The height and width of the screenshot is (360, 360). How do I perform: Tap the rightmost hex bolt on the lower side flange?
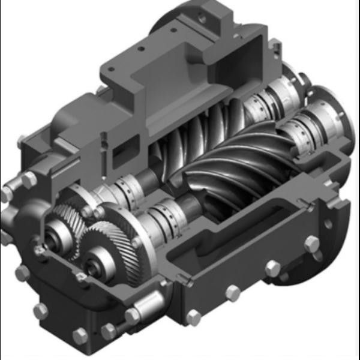click(x=311, y=244)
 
